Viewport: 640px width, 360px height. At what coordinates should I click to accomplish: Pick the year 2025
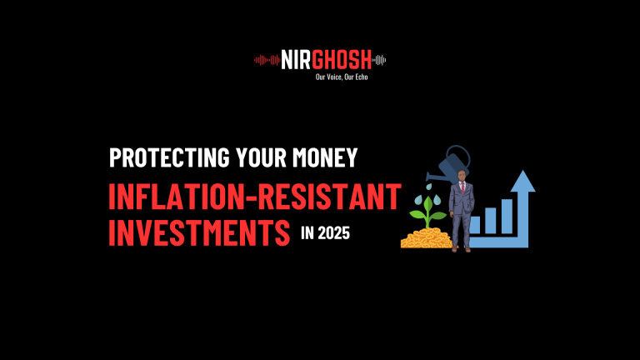pos(333,234)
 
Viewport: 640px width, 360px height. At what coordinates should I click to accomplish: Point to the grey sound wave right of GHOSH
pos(381,59)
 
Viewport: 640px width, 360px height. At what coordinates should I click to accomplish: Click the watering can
pos(454,162)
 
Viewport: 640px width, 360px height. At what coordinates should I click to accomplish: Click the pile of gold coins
pos(425,238)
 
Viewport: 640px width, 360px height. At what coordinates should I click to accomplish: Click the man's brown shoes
pos(462,247)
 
